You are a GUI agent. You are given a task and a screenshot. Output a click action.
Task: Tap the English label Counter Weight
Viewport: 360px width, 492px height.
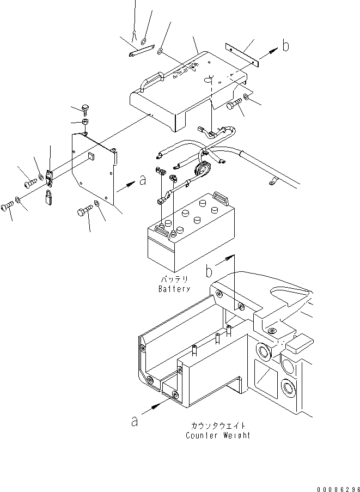coord(218,435)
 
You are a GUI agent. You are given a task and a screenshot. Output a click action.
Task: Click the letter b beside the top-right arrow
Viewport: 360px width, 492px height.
coord(285,47)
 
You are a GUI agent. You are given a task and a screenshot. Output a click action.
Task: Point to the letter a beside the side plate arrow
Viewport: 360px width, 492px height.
coord(142,181)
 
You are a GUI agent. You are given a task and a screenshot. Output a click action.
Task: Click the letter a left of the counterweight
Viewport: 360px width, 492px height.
coord(135,421)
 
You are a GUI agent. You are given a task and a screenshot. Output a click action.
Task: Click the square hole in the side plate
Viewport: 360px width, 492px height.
coord(90,157)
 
